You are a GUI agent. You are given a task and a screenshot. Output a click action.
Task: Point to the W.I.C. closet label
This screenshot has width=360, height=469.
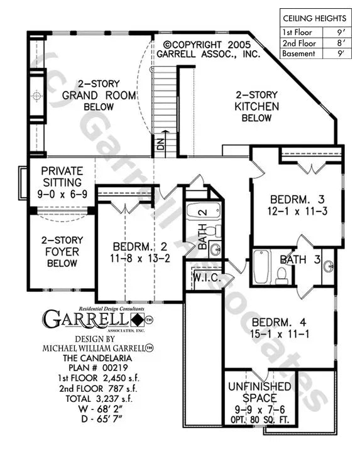click(x=205, y=276)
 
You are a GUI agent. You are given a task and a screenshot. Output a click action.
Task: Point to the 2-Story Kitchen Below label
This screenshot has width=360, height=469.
click(x=256, y=106)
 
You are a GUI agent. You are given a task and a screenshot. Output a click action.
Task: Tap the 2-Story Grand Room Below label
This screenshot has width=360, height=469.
click(x=97, y=95)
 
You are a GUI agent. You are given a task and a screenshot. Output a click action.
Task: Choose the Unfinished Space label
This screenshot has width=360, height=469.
click(x=259, y=391)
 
